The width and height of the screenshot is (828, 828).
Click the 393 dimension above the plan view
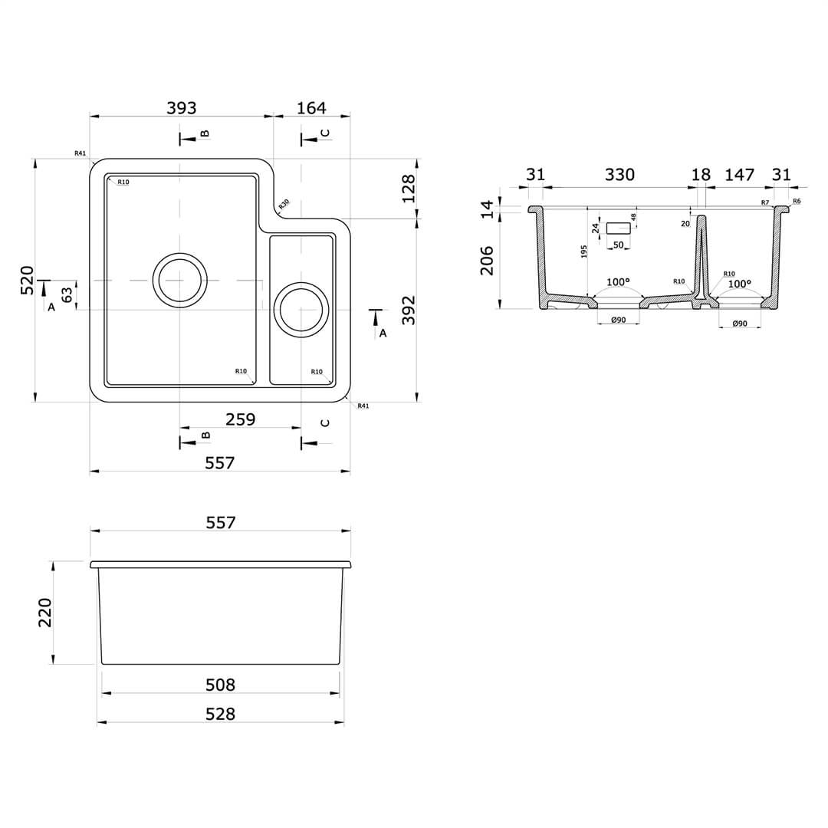tap(182, 108)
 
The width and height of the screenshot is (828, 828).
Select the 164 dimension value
tap(311, 108)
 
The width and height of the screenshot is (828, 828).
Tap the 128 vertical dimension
tap(409, 188)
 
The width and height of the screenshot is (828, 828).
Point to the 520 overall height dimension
tap(28, 280)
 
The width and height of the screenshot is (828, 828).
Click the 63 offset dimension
tap(67, 294)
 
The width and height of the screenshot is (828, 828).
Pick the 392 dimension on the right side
tap(409, 310)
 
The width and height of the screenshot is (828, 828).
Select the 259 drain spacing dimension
tap(240, 419)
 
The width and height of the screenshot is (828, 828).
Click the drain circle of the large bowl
tap(179, 280)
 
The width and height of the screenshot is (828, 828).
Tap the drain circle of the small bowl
tap(301, 310)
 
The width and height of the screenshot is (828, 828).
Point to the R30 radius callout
tap(284, 204)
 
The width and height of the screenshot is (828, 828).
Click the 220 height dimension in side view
tap(45, 613)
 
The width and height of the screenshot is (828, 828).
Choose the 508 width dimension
tap(220, 685)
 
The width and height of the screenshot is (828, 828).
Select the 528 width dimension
tap(220, 714)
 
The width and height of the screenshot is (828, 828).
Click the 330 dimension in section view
tap(619, 175)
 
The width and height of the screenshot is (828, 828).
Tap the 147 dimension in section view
tap(739, 175)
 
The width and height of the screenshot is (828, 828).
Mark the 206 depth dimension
tap(487, 261)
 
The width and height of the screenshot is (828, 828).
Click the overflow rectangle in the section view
tap(618, 228)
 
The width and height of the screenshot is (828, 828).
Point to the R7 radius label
tap(765, 202)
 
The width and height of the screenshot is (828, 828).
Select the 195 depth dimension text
tap(584, 251)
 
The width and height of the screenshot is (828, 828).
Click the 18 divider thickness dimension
tap(701, 175)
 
